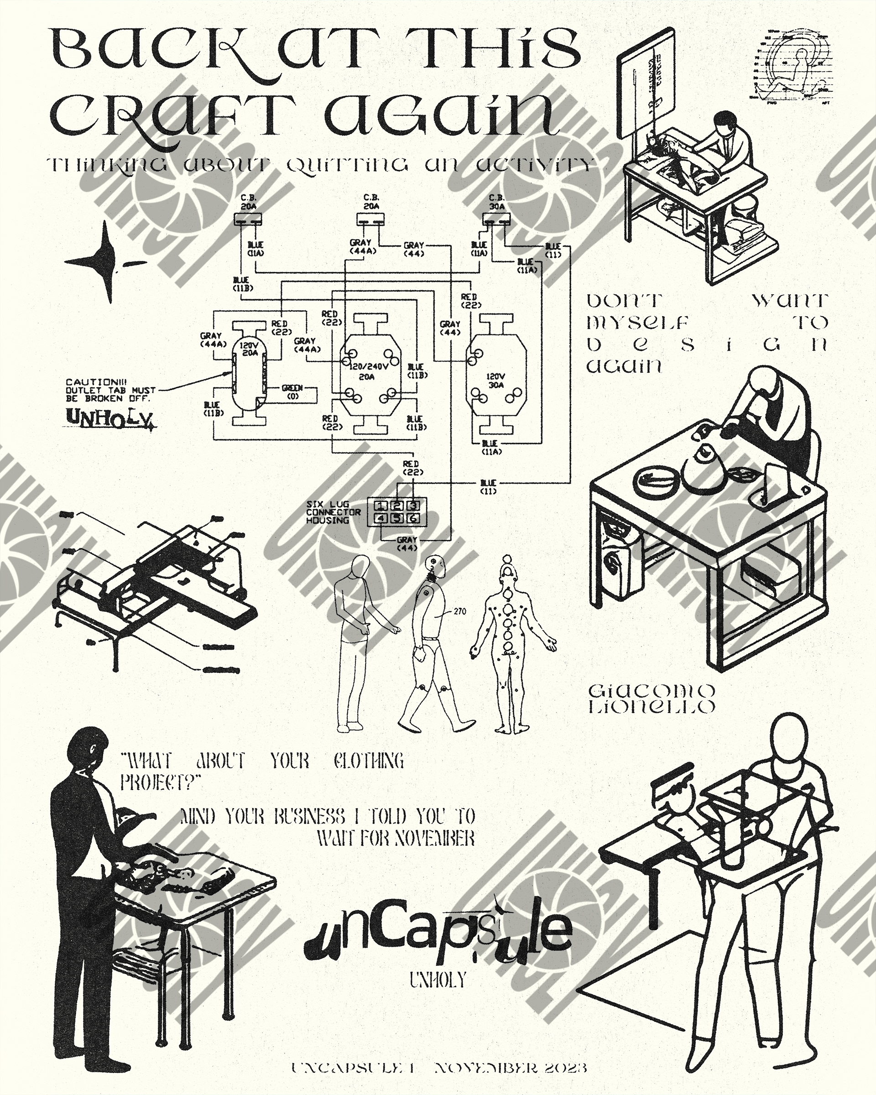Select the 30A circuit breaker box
tap(496, 219)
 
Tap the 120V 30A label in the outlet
tap(495, 381)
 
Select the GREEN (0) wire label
tap(292, 391)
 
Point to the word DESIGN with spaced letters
tap(707, 345)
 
